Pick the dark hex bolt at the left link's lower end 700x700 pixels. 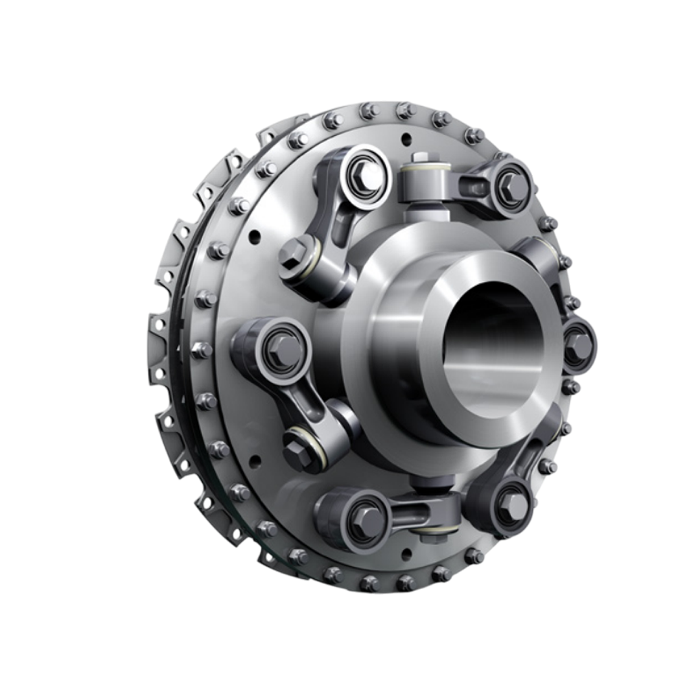pyautogui.click(x=298, y=450)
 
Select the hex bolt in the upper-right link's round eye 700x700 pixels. pyautogui.click(x=513, y=187)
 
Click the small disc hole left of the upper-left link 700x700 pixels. pyautogui.click(x=255, y=235)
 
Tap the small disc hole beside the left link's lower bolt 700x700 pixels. pyautogui.click(x=255, y=462)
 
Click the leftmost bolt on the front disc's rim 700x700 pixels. pyautogui.click(x=201, y=350)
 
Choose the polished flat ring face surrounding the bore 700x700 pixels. pyautogui.click(x=415, y=389)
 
